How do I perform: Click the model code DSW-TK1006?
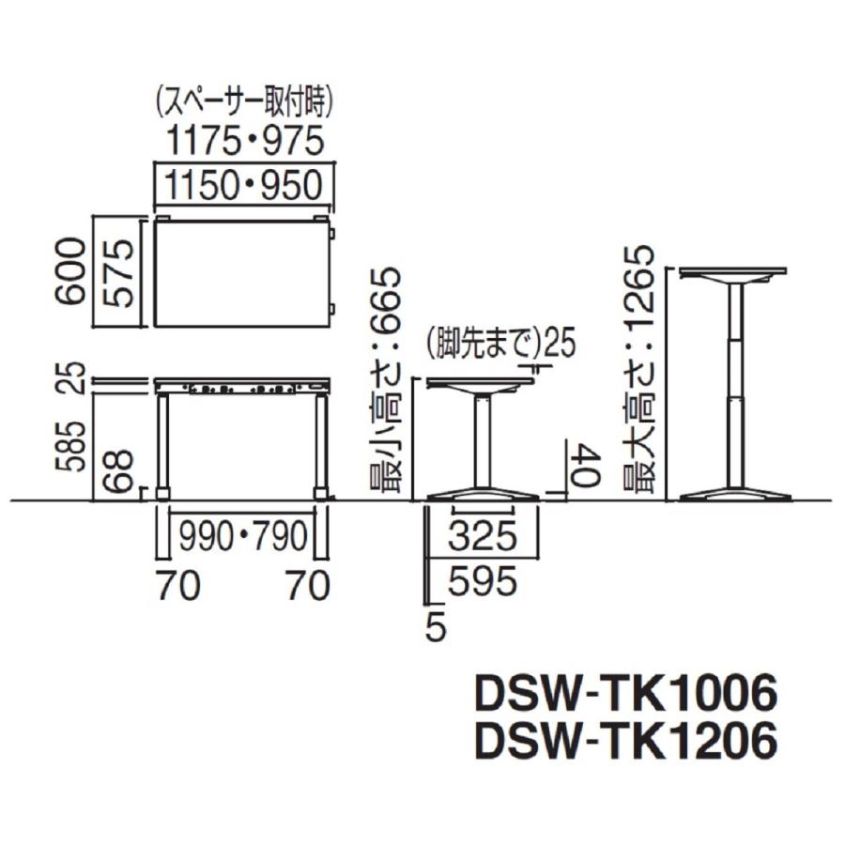coord(626,696)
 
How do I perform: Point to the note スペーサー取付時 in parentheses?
coord(244,99)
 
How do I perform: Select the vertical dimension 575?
coord(118,272)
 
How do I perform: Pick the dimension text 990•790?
coord(244,537)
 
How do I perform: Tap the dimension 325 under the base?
coord(483,537)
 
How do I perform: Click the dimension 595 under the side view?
coord(483,583)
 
